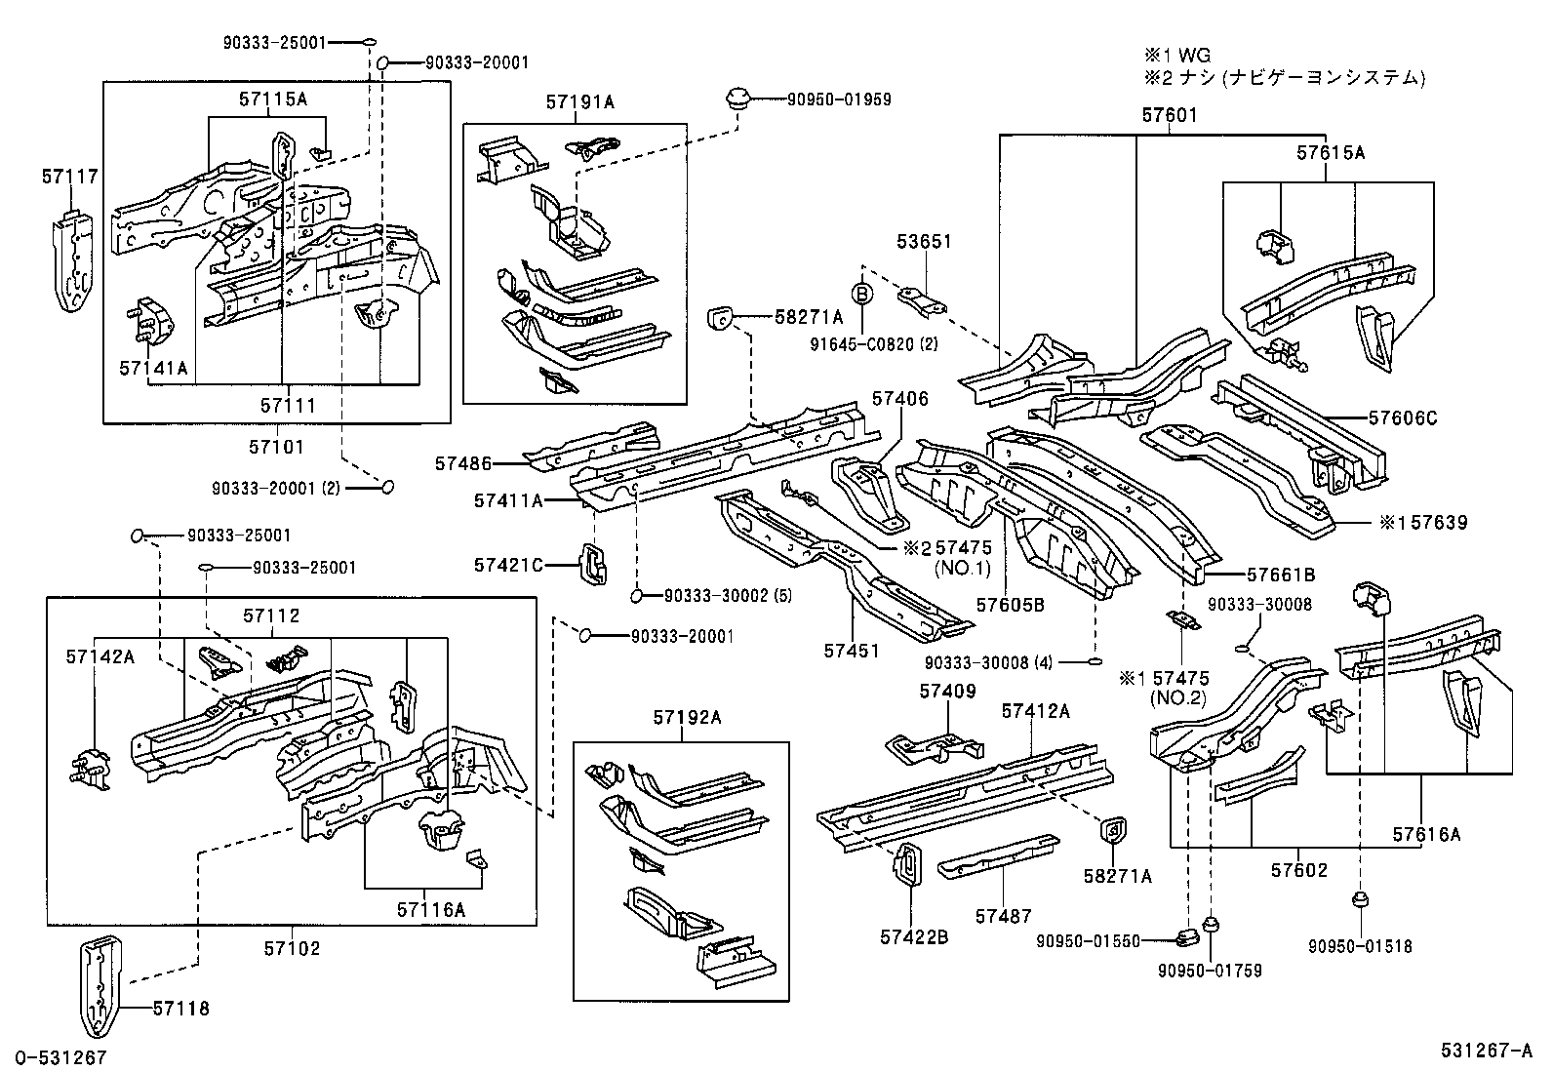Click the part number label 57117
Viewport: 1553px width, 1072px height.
point(69,177)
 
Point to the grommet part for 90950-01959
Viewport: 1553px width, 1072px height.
point(737,99)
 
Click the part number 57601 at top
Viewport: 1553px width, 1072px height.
point(1169,115)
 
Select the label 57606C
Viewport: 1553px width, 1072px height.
point(1402,418)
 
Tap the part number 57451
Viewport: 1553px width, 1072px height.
point(851,651)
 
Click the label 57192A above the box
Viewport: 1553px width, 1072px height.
point(687,718)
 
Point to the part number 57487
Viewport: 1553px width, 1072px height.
point(1003,915)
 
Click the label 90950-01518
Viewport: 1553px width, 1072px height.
point(1359,946)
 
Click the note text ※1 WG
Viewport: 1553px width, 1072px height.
point(1178,56)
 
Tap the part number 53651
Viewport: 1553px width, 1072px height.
point(924,242)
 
